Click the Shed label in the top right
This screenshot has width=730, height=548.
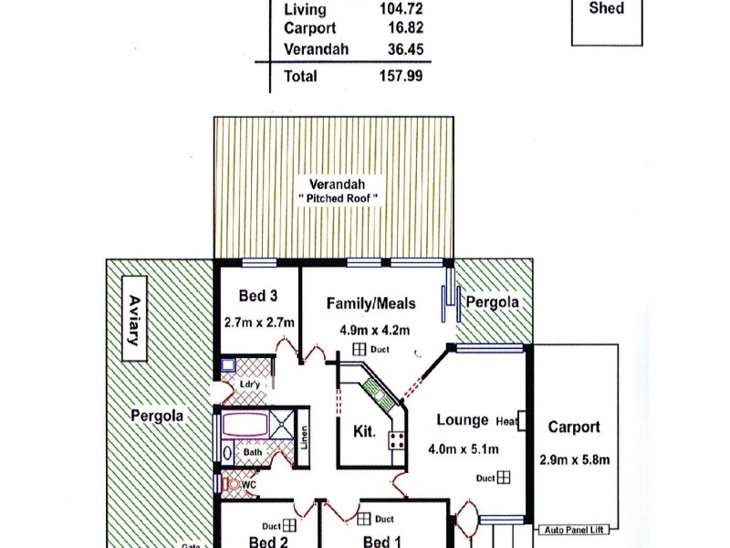click(607, 8)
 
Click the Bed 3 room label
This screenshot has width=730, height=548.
click(259, 296)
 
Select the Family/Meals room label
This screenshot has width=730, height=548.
click(371, 303)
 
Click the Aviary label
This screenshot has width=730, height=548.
click(134, 320)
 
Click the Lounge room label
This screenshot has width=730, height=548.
click(462, 420)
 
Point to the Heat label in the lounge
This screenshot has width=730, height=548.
click(506, 421)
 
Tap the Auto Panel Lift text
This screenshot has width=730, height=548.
click(577, 530)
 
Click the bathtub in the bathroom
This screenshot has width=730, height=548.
click(251, 426)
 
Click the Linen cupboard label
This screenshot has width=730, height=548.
click(304, 438)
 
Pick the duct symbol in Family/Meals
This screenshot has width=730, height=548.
click(360, 349)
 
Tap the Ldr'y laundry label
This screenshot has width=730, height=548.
click(250, 385)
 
